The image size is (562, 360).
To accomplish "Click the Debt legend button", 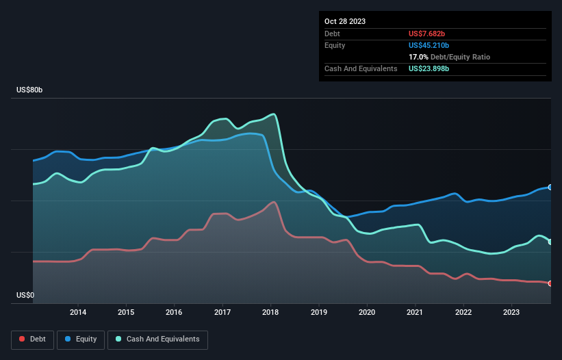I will (34, 339).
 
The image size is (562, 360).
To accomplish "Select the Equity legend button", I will (81, 339).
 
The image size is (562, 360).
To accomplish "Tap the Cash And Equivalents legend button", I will (157, 339).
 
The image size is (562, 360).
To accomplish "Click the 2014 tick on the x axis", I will (78, 313).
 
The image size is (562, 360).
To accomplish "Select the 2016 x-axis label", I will (175, 313).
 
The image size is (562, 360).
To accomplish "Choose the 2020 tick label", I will (368, 313).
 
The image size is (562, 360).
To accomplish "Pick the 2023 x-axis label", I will (511, 313).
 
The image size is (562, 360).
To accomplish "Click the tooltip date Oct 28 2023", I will (345, 21).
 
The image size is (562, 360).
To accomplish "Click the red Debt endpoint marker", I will (550, 283).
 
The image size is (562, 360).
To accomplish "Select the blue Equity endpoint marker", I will (550, 187).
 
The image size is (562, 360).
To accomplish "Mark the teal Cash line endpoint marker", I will (550, 242).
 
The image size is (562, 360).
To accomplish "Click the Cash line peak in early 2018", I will (274, 114).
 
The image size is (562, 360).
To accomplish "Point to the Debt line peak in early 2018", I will (274, 201).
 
